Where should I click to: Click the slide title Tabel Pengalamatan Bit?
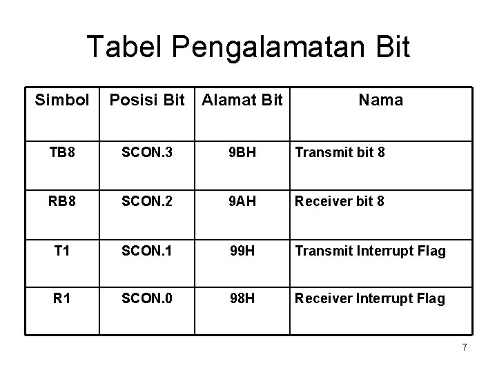[248, 48]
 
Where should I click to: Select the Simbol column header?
[62, 101]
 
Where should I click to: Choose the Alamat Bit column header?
[242, 101]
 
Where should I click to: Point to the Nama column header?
[380, 101]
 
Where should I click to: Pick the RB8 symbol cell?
[62, 201]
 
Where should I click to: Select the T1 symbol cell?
[62, 250]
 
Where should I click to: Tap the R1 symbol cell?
[62, 298]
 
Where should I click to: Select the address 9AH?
[242, 201]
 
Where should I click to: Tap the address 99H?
[242, 250]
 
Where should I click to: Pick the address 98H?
[242, 298]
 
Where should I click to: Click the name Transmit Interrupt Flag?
[370, 251]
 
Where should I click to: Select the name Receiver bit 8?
[339, 201]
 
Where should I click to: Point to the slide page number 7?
[465, 348]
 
